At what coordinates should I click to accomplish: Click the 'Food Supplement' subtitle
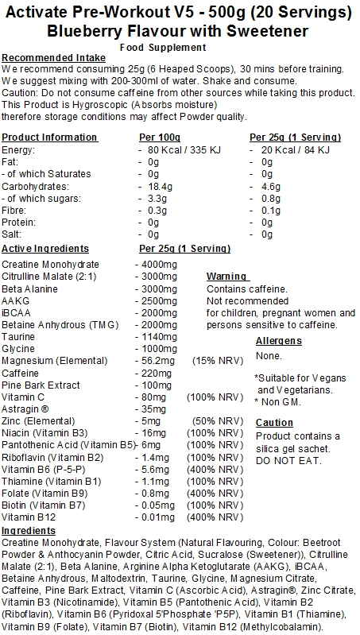[179, 48]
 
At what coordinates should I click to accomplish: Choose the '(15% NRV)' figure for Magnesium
[215, 360]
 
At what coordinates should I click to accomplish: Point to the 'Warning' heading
[226, 277]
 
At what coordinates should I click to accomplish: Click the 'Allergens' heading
[279, 340]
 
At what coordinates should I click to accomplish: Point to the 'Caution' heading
[274, 424]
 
